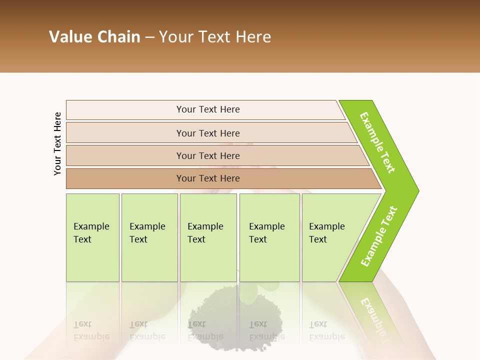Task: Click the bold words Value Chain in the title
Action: tap(94, 37)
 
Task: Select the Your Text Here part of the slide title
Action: tap(215, 37)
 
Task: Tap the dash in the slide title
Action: tap(149, 37)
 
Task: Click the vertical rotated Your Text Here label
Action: tap(57, 143)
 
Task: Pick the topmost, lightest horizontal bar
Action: tap(208, 109)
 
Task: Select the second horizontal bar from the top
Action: tap(208, 133)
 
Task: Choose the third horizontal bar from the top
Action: tap(208, 155)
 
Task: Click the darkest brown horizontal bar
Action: tap(208, 178)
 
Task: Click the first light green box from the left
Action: tap(92, 237)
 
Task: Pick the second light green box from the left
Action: tap(149, 237)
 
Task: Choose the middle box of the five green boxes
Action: tap(208, 237)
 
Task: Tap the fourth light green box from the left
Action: tap(269, 237)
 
